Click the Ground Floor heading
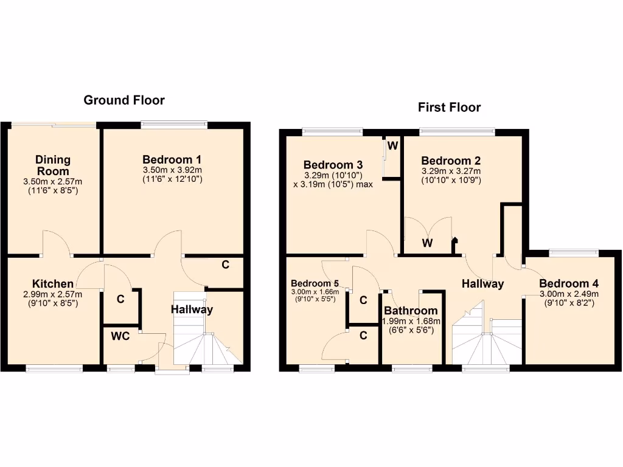[124, 100]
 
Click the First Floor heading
[449, 108]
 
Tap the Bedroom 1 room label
[172, 159]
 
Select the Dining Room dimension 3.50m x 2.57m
[53, 182]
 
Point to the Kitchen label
[53, 284]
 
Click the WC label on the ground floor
[120, 336]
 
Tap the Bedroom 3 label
[333, 165]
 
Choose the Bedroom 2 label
[451, 161]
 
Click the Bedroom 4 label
[568, 284]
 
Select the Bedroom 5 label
[315, 283]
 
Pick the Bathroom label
[410, 311]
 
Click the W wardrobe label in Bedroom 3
[392, 146]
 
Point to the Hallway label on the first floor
[482, 284]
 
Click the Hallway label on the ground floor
[192, 310]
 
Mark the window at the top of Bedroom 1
[173, 125]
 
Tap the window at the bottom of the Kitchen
[54, 368]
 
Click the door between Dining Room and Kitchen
[56, 243]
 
